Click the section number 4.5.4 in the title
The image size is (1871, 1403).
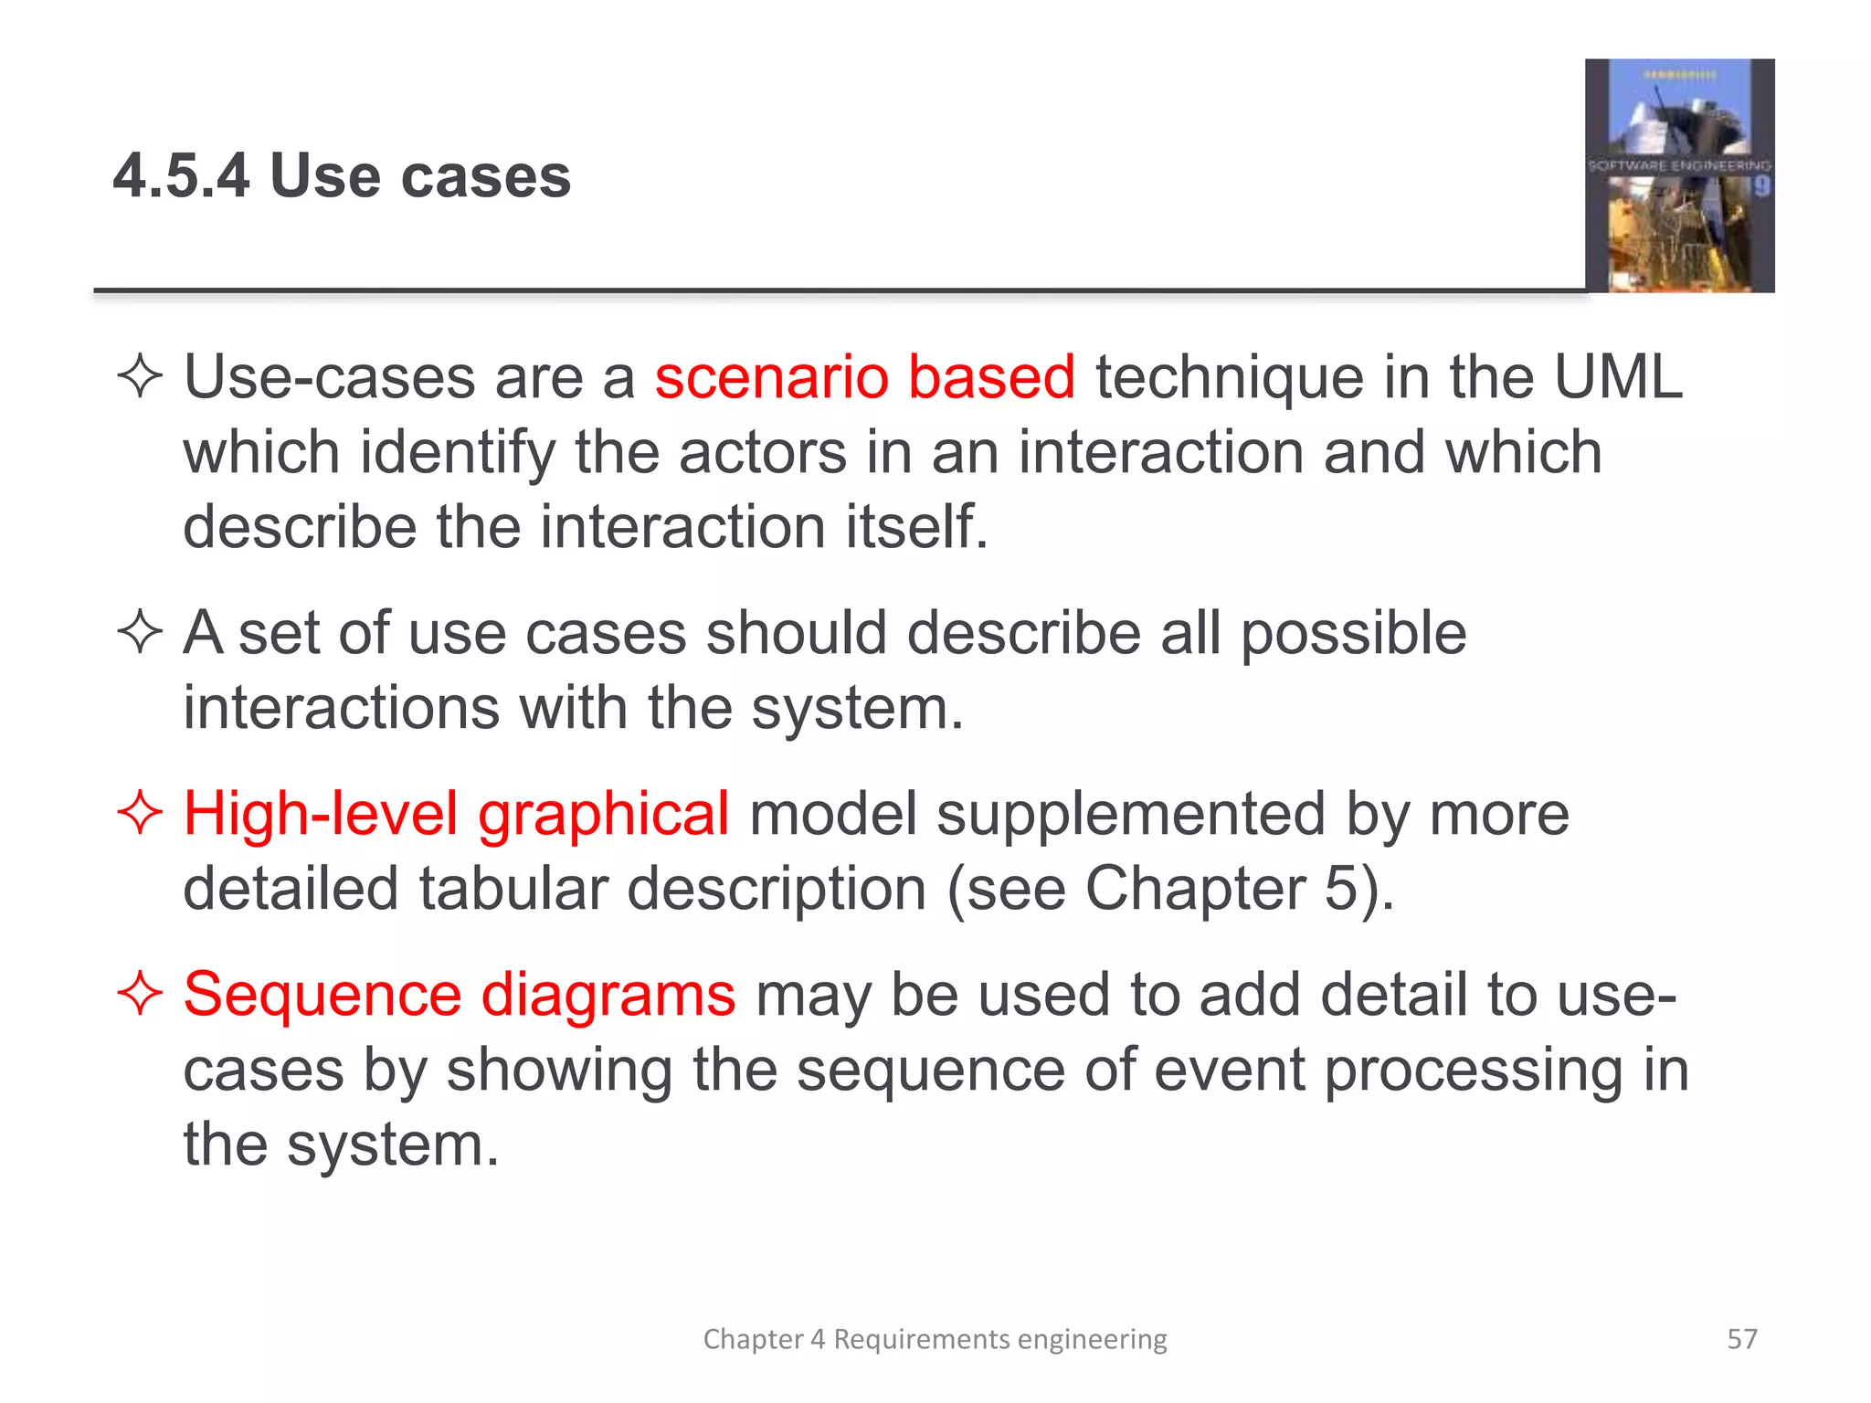click(181, 175)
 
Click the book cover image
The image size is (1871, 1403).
click(1679, 175)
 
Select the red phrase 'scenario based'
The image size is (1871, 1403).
click(864, 377)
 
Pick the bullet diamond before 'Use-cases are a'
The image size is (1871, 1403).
click(140, 377)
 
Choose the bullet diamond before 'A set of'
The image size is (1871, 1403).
click(140, 632)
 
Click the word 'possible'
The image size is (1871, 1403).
click(1352, 634)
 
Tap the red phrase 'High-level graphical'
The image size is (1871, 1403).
click(456, 815)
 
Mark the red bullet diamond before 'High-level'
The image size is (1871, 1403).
click(140, 813)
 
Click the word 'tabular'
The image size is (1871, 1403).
click(513, 889)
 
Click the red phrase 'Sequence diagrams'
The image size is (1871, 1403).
click(460, 995)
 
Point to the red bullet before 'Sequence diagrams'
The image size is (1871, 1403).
click(140, 993)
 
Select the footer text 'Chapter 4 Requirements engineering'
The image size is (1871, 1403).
click(935, 1339)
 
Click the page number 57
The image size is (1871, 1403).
click(1741, 1339)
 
